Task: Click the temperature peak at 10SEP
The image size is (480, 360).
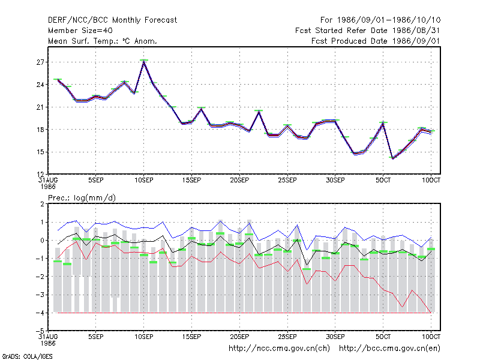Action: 144,62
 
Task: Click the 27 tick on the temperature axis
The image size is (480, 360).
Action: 40,62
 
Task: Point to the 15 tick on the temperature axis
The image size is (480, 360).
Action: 40,152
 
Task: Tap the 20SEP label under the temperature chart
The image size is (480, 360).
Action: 239,181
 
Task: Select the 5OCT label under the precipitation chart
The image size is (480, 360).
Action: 383,337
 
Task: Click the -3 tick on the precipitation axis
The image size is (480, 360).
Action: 40,295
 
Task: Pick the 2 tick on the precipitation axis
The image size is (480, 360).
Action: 42,204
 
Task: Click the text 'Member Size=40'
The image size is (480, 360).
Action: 80,31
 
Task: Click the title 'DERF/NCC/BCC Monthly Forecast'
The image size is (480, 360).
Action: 112,20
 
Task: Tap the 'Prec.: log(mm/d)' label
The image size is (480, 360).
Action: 82,198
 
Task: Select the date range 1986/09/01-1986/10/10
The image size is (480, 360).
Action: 389,20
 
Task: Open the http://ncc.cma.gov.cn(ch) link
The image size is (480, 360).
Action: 279,349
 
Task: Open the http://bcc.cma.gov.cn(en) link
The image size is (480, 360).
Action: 389,349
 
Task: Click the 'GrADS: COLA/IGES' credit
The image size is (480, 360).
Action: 27,356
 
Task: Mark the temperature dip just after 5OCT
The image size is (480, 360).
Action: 393,158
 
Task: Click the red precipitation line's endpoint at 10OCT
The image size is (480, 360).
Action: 431,313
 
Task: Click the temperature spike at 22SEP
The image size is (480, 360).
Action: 259,112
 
